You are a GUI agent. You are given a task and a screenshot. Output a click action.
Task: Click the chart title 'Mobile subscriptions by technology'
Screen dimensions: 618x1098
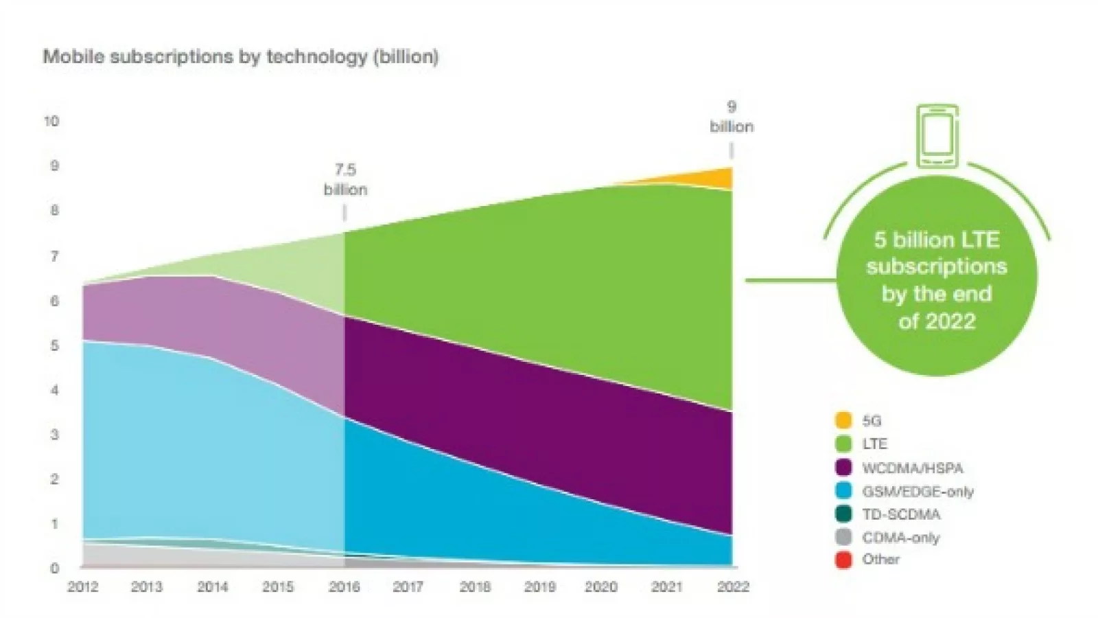(x=240, y=56)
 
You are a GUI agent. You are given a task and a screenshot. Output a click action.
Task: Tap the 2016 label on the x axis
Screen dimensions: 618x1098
(x=344, y=587)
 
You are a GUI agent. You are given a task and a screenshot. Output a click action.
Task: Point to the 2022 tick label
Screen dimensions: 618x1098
(x=733, y=587)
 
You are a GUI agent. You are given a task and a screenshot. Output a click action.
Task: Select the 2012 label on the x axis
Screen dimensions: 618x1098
(x=82, y=587)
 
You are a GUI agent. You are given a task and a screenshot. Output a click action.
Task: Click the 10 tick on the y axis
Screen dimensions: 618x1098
(x=51, y=122)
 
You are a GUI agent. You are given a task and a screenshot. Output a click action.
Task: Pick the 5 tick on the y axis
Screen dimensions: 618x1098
(x=54, y=345)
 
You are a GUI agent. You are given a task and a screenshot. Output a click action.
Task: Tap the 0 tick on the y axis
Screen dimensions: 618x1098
(x=54, y=569)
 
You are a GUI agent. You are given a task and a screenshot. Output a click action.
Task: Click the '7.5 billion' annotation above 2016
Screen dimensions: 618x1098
(x=345, y=179)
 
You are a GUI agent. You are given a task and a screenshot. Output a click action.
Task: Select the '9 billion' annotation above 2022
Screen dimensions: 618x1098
(x=732, y=117)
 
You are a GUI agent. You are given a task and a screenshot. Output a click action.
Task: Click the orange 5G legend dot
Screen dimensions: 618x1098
(x=843, y=420)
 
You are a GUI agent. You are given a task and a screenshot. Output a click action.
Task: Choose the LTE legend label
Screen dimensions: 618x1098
(x=875, y=444)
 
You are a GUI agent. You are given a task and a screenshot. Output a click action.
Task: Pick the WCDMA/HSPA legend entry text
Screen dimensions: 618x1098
(x=913, y=468)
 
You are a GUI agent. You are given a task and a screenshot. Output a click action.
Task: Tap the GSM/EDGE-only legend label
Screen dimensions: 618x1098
(x=918, y=492)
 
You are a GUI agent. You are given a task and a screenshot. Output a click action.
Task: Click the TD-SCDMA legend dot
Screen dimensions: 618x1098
(x=843, y=514)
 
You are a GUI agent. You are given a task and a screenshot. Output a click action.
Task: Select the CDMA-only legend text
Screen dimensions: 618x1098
(x=900, y=538)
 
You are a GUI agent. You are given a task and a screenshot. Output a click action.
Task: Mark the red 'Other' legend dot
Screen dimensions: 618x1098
(x=843, y=560)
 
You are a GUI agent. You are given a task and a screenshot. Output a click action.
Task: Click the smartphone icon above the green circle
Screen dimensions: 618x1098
(x=937, y=136)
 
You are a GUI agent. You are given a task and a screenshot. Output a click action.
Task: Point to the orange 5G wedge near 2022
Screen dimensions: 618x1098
(x=721, y=179)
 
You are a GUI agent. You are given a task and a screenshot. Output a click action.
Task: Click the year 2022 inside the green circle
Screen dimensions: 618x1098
(x=951, y=321)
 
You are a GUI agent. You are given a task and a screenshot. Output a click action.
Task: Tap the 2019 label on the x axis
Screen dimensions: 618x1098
(x=540, y=587)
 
